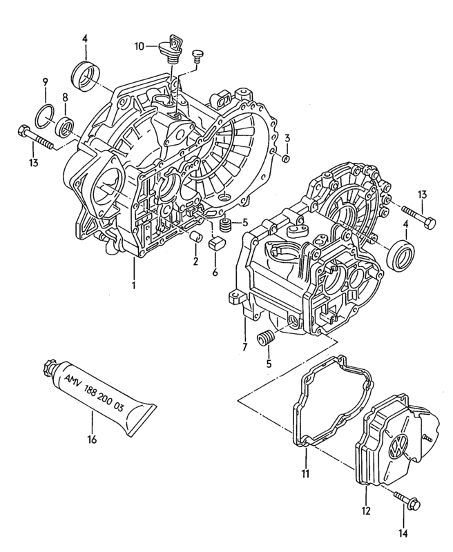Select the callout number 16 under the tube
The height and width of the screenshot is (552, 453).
point(92,439)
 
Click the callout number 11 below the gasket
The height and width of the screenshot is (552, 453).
point(305,473)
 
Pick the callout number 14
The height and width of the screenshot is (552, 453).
point(403,533)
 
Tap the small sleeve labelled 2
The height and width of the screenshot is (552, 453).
point(195,239)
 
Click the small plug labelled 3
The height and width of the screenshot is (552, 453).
point(286,160)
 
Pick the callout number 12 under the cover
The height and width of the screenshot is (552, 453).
point(366,511)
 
